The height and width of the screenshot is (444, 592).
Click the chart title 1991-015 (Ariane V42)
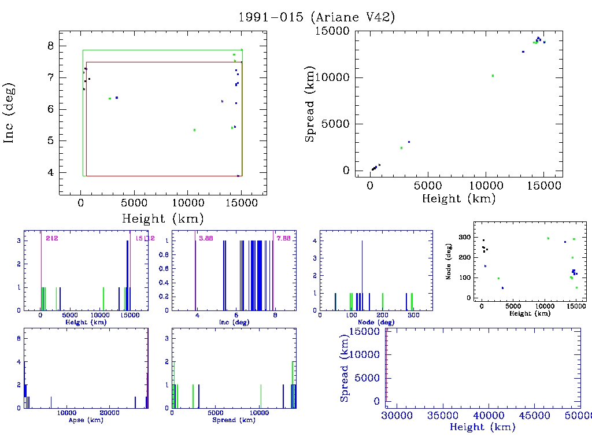point(317,17)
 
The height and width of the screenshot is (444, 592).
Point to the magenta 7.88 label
point(283,238)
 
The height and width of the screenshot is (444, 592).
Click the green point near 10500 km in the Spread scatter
point(493,76)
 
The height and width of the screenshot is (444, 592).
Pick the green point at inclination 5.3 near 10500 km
point(194,130)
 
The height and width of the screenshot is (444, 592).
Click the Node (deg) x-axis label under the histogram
point(376,322)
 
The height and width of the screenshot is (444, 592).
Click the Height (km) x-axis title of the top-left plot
point(162,219)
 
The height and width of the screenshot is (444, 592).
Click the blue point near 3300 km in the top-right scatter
point(409,142)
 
